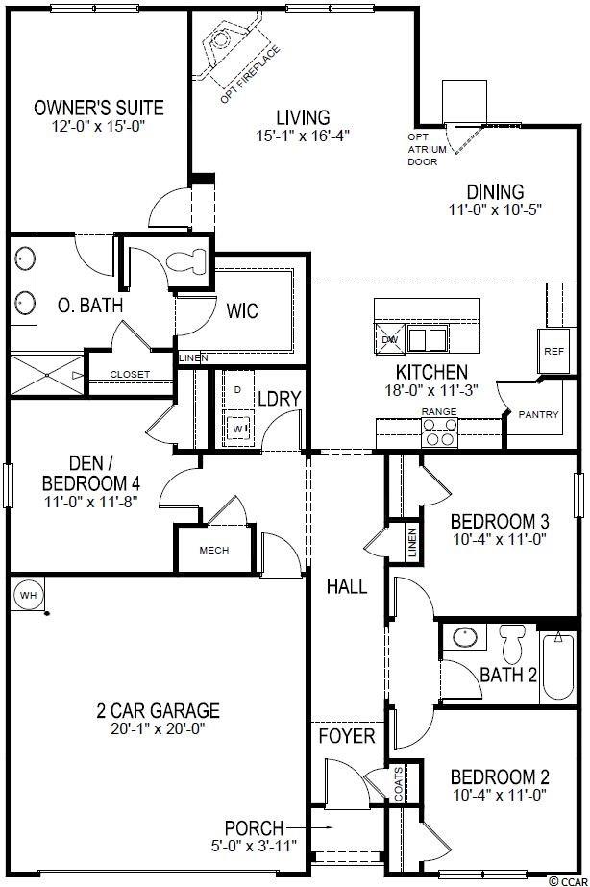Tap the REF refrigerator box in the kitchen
click(553, 351)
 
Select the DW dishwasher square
click(390, 339)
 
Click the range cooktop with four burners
click(439, 432)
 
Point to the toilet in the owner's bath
click(186, 260)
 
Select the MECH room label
click(214, 550)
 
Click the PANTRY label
click(538, 414)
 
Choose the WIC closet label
click(242, 310)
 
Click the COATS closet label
click(399, 784)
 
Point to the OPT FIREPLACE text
click(250, 75)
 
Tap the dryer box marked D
click(237, 390)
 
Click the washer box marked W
click(237, 429)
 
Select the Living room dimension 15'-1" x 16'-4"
click(304, 136)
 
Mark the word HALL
click(347, 586)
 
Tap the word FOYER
click(347, 736)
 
